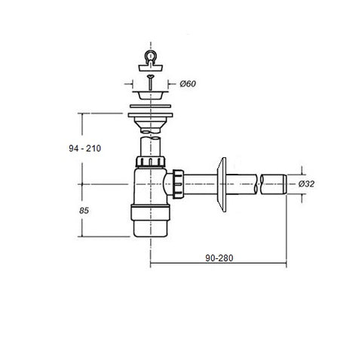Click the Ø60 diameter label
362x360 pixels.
tap(188, 84)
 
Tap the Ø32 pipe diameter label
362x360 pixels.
tap(306, 184)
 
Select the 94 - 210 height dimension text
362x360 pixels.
tap(85, 148)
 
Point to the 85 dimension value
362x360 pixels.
tap(84, 210)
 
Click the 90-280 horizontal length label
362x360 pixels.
tap(219, 258)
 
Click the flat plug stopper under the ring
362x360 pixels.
tap(151, 68)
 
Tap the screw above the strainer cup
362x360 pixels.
tap(150, 82)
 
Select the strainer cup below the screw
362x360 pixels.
tap(150, 95)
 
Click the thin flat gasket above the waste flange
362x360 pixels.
tap(150, 106)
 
